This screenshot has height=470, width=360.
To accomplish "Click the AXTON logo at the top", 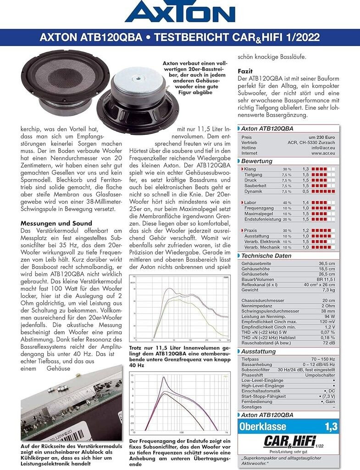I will (180, 12).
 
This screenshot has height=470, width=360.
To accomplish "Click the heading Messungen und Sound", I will (56, 224).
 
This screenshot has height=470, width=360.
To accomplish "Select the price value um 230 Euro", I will (322, 137).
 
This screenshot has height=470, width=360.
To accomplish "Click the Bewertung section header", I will (257, 161).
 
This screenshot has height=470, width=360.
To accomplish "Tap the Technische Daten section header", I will (266, 256).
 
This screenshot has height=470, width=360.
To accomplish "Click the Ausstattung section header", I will (259, 351).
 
